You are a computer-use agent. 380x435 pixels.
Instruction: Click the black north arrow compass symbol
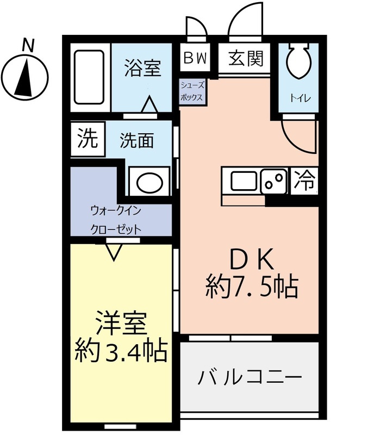click(25, 76)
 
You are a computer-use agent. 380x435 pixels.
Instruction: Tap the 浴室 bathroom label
click(142, 69)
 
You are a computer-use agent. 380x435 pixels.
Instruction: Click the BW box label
click(195, 58)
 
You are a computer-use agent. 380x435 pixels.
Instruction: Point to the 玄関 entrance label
click(246, 58)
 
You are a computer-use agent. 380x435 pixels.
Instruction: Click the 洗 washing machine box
click(86, 140)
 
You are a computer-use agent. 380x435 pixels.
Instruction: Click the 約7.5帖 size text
click(251, 287)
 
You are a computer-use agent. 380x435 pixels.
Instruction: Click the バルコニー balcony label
click(250, 376)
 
